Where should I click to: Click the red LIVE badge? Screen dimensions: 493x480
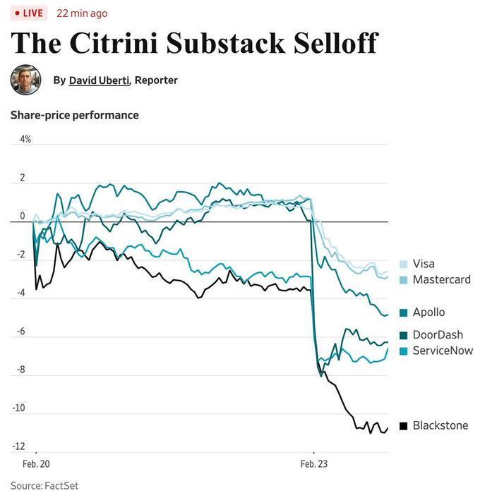tap(28, 13)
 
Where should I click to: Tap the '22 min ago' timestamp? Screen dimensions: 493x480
tap(82, 13)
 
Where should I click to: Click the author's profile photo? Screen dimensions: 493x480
tap(25, 80)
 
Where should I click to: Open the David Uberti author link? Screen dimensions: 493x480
tap(99, 80)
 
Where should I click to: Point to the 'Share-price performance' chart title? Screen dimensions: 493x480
tap(74, 115)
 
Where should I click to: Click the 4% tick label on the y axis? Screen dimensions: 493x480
tap(25, 139)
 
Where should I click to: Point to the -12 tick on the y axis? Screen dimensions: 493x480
tap(18, 446)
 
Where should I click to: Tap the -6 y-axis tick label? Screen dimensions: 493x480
tap(22, 331)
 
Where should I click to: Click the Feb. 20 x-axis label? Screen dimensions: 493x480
tap(36, 464)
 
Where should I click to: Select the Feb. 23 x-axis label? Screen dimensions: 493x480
tap(313, 464)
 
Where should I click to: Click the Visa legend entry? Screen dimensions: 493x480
tap(423, 264)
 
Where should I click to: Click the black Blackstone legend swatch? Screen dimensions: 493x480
tap(403, 425)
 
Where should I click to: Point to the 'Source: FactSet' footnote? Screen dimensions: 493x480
tap(44, 485)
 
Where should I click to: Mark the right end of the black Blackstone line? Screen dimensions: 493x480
tap(388, 428)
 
